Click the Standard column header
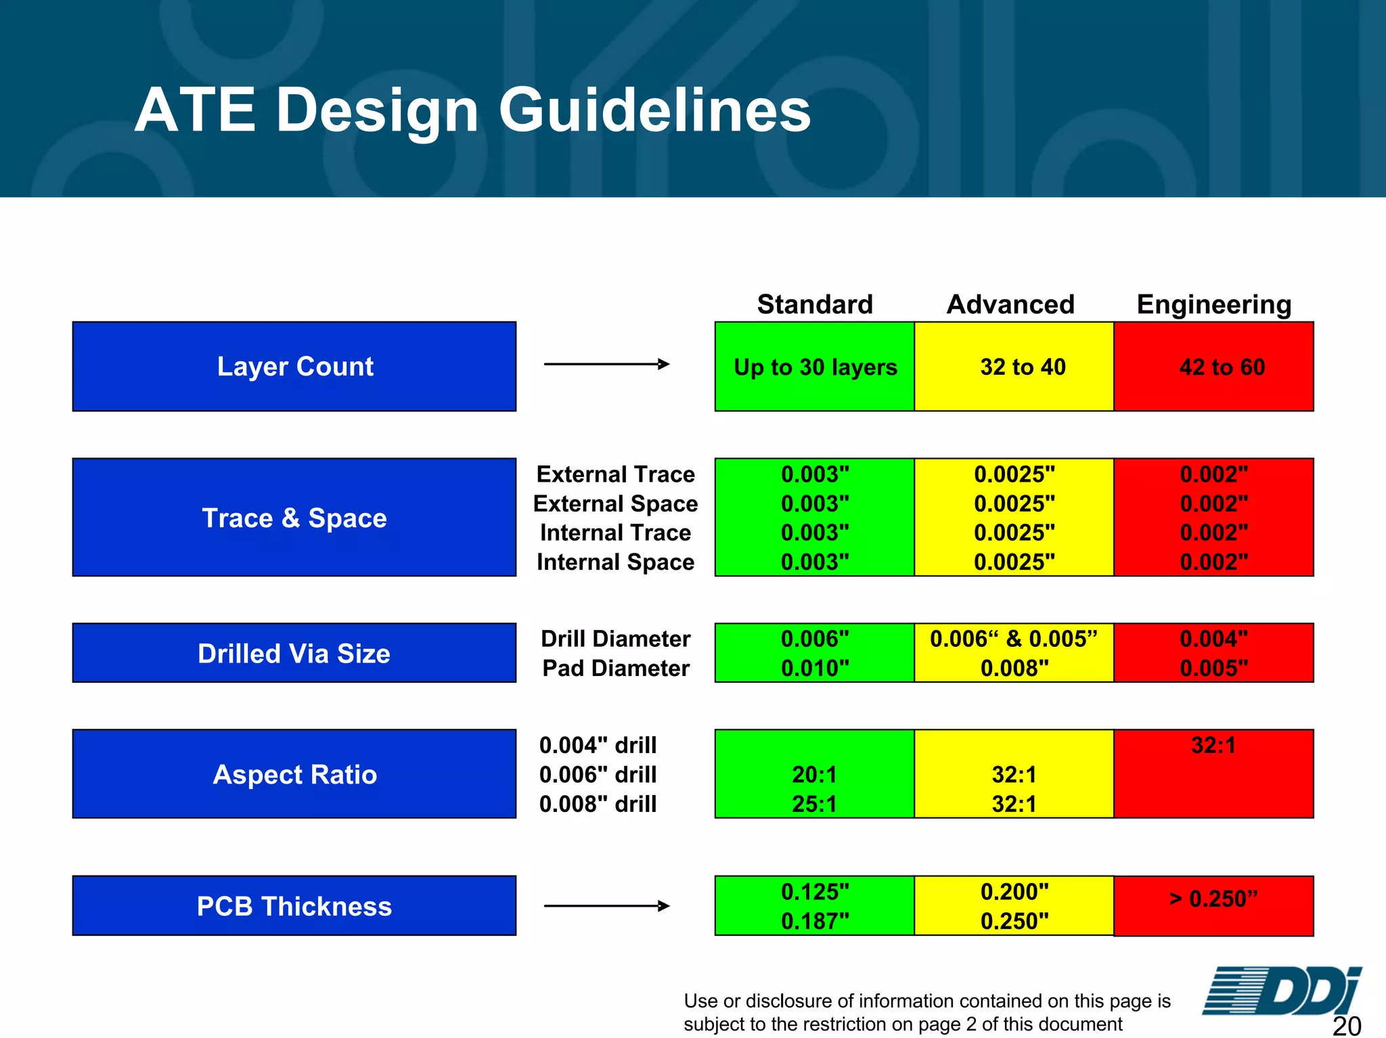(815, 304)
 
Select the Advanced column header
(1010, 304)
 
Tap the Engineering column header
(1213, 304)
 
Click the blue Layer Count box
(294, 366)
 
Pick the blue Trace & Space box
(294, 518)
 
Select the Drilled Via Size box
(294, 653)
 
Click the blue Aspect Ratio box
(294, 774)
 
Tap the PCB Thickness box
(294, 906)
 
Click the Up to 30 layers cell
(815, 367)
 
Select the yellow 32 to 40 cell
(1014, 367)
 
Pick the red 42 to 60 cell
(1214, 367)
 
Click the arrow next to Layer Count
(606, 364)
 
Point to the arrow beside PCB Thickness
(606, 906)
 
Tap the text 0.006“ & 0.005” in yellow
(1013, 639)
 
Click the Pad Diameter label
(615, 669)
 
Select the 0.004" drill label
(598, 745)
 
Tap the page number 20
(1346, 1026)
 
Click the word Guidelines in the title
(654, 110)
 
